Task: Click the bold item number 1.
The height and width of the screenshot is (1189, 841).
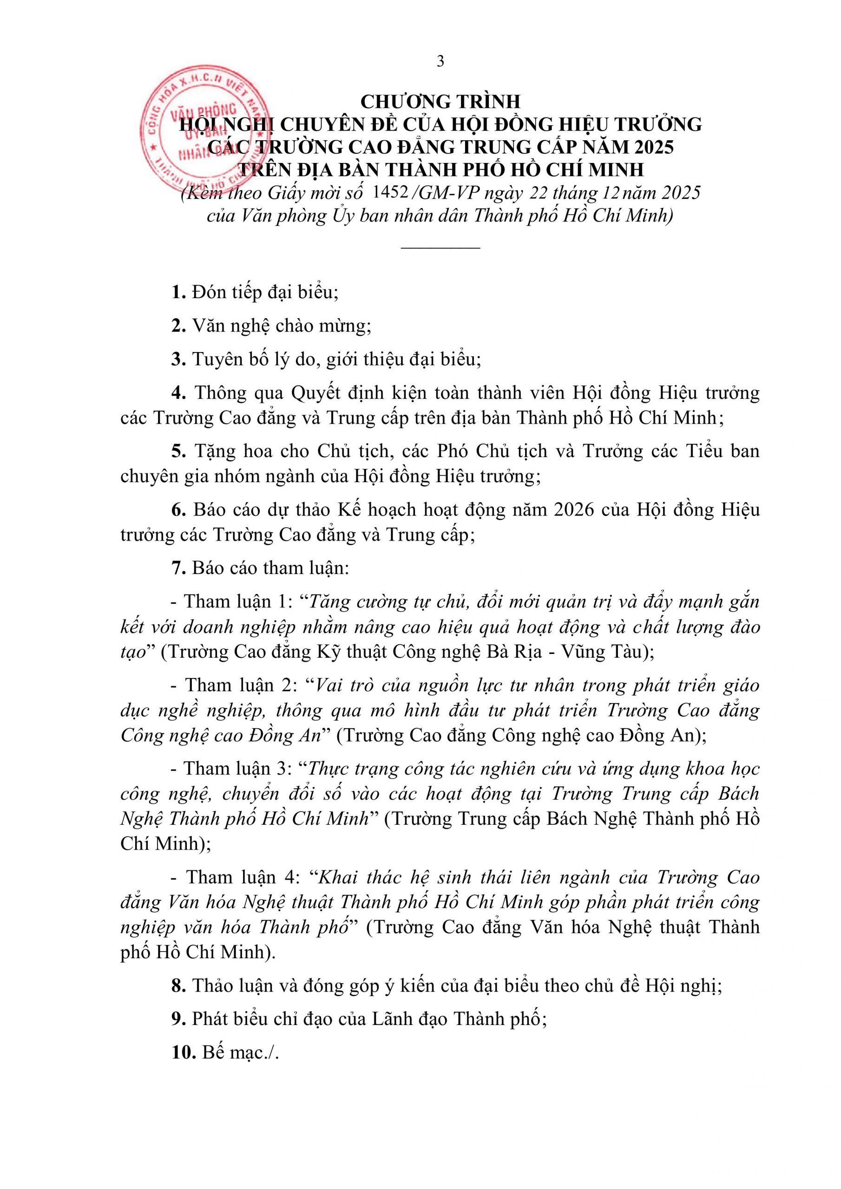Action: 178,293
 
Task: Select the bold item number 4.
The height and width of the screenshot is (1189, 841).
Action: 178,393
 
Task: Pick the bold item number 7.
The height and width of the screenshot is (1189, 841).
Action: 178,568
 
